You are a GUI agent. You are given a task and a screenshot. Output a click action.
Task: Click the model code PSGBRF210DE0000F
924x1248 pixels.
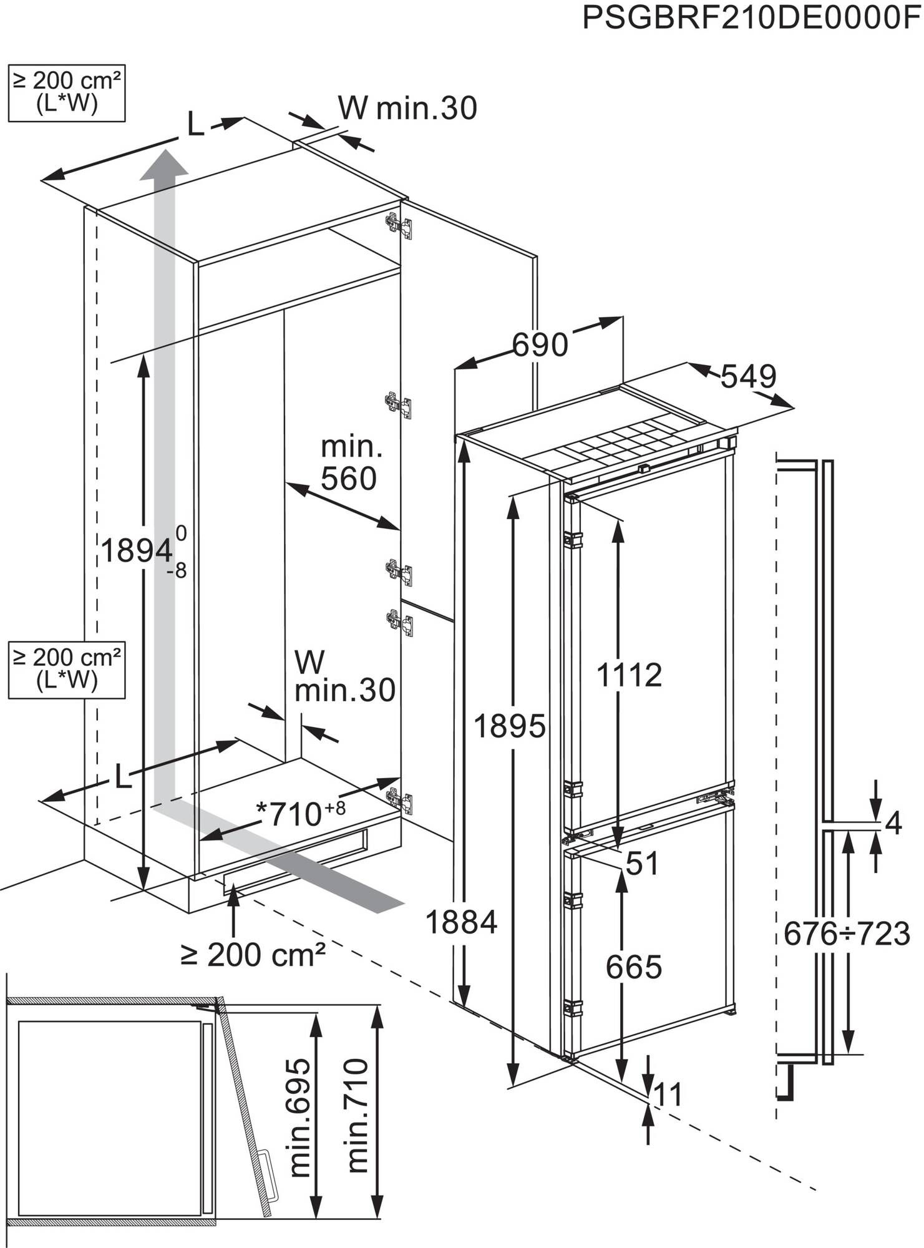point(751,18)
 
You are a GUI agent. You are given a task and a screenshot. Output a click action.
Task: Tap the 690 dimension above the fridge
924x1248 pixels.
point(540,344)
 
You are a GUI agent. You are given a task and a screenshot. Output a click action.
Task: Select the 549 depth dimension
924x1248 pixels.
point(748,376)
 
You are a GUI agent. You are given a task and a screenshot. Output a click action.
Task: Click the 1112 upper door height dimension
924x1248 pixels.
point(629,675)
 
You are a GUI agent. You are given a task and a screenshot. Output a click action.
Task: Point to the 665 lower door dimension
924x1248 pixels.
point(633,967)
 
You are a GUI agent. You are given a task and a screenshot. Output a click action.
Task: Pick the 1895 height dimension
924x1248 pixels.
point(510,726)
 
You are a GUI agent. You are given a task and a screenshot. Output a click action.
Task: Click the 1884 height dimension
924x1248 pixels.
point(461,922)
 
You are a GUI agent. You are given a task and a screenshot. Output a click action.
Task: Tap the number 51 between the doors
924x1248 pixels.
point(642,864)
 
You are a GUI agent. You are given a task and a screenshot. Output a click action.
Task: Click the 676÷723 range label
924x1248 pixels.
point(846,934)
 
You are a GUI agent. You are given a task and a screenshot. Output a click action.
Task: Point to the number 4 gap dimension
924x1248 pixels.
point(893,824)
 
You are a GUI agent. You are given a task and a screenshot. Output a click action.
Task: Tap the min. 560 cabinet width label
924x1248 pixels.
point(349,464)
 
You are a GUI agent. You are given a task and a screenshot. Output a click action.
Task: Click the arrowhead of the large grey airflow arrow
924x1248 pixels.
point(163,163)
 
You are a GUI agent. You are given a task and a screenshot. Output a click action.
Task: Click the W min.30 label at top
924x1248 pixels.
point(407,108)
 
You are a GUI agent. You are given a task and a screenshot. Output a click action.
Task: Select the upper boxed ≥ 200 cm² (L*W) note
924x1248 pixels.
point(67,92)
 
